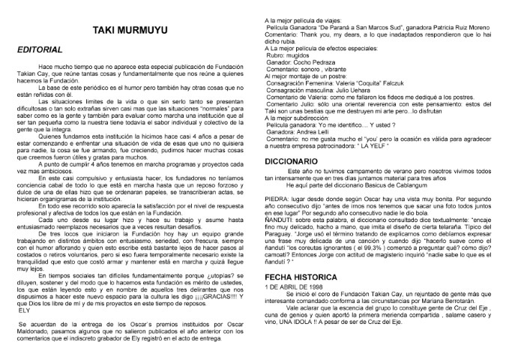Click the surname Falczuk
click(398, 82)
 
